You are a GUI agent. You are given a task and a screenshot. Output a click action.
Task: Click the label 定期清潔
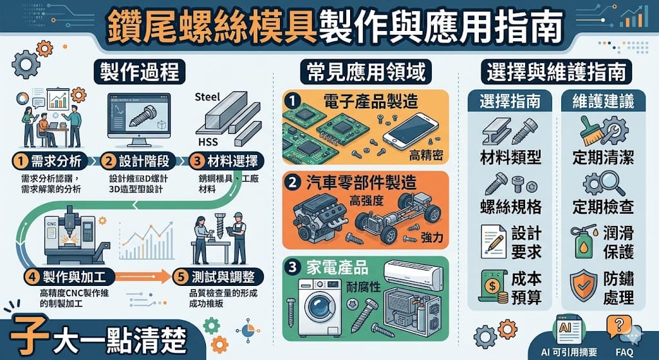603,156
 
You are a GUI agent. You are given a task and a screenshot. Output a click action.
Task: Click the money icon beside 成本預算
493,287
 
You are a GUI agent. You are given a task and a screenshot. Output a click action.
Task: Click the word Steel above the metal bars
207,97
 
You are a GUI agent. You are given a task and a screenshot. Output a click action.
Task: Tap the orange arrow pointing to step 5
145,277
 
